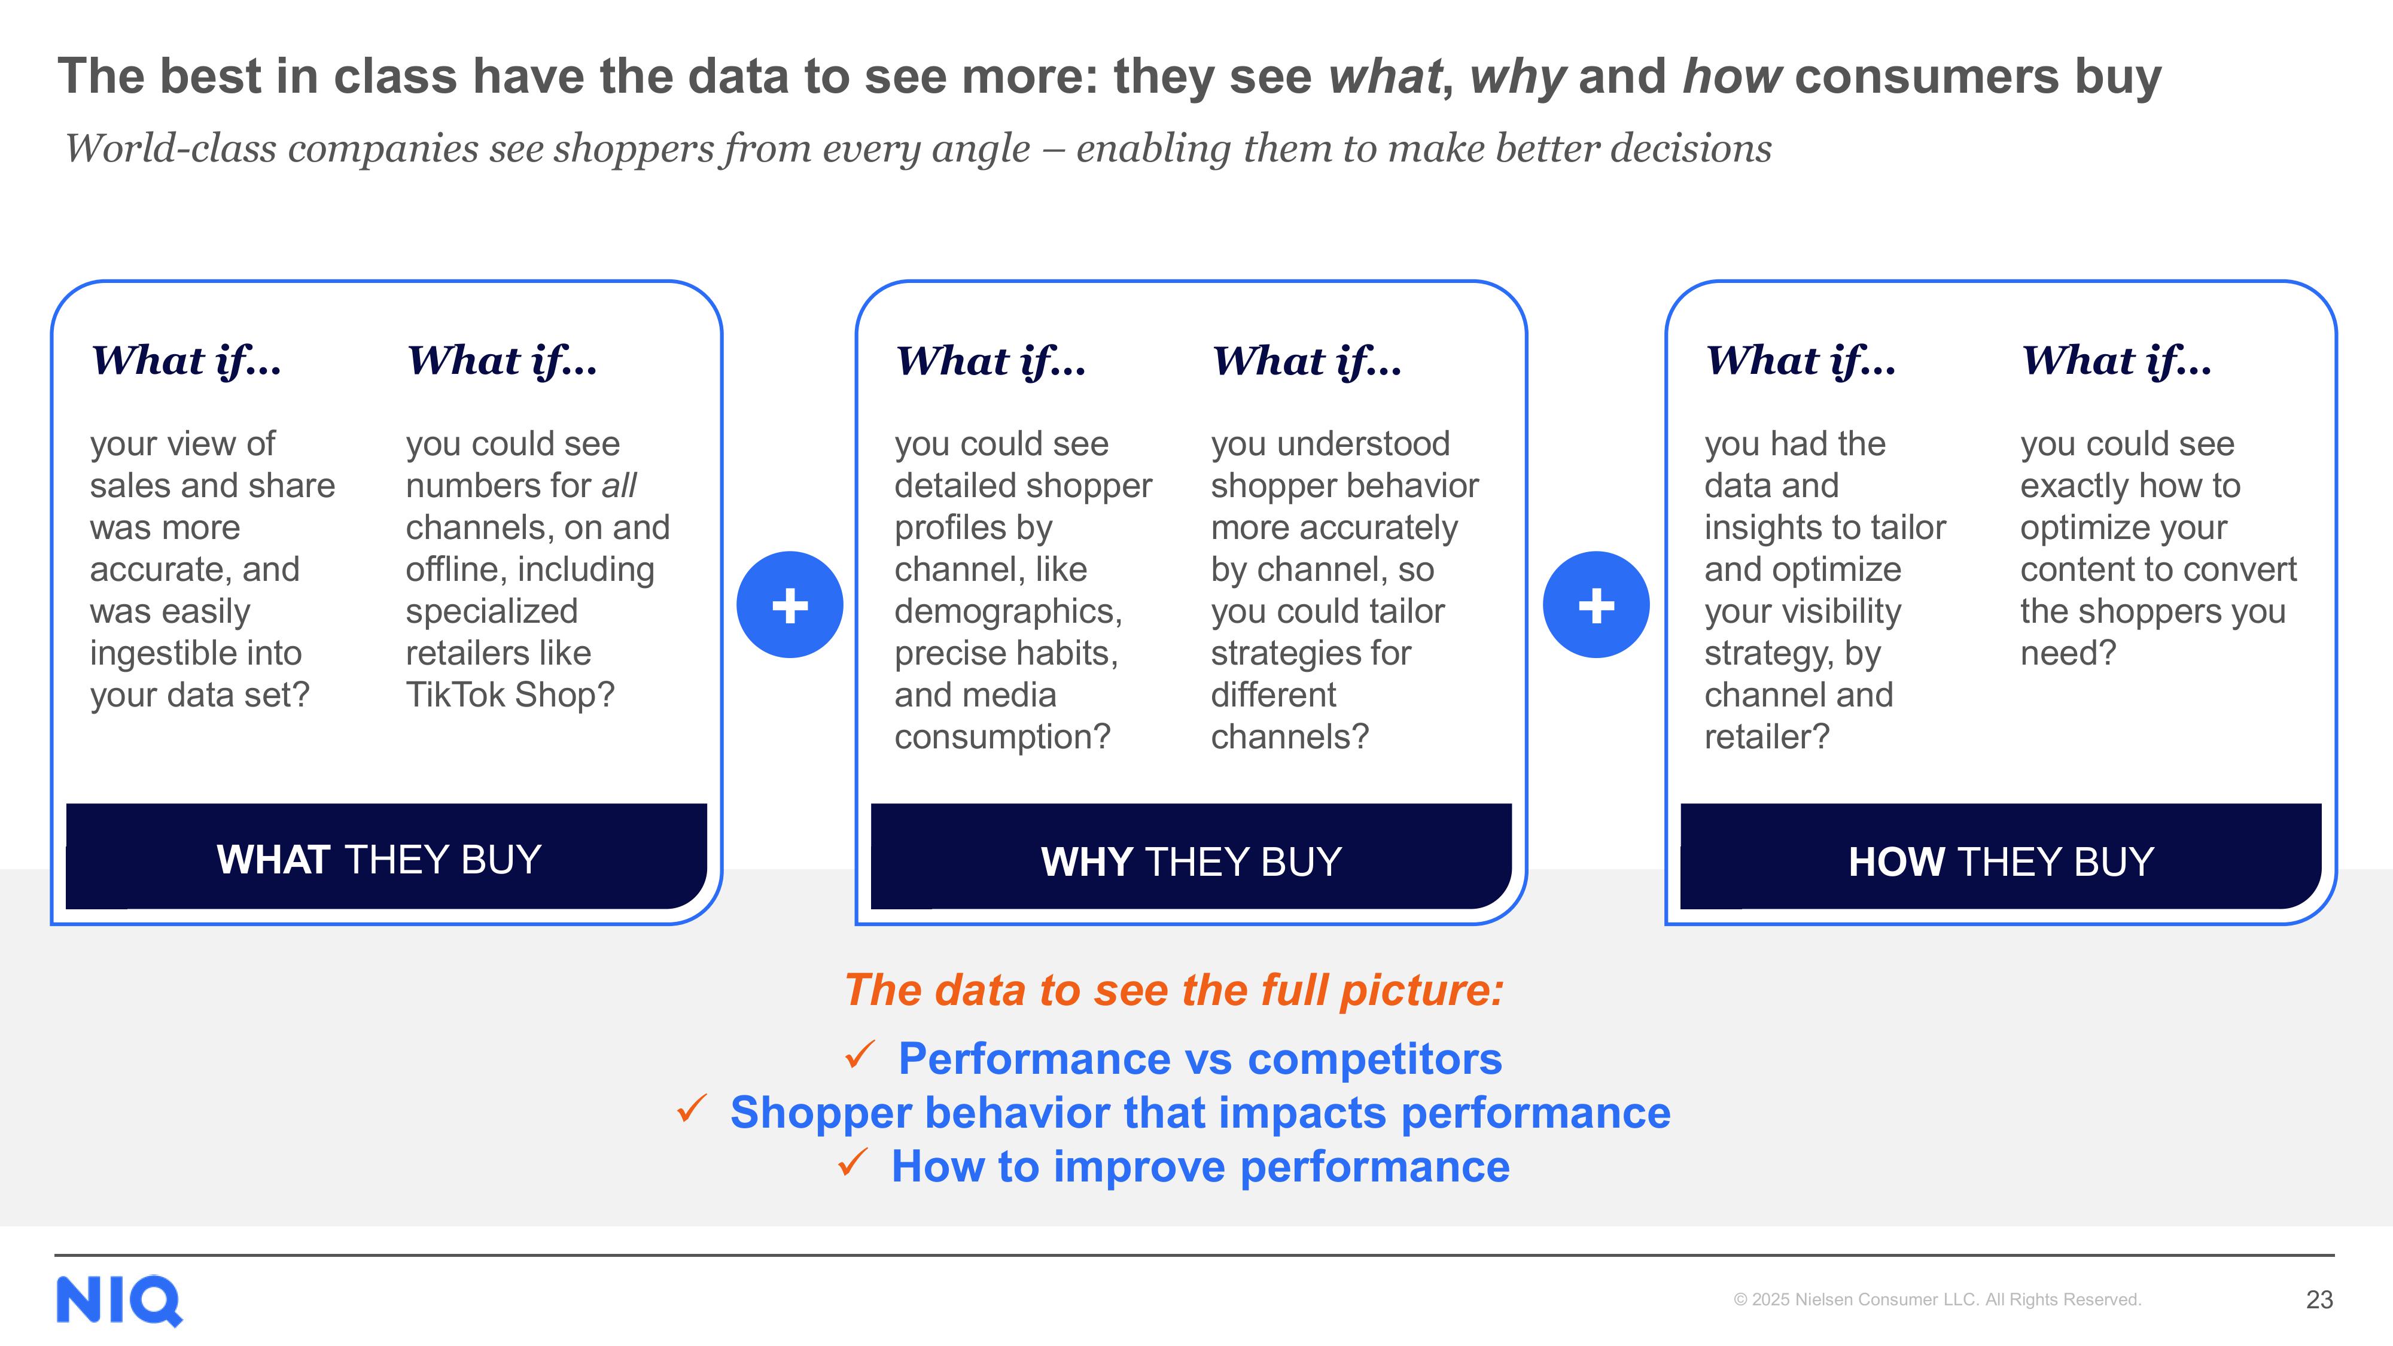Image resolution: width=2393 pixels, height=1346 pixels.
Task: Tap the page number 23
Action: pyautogui.click(x=2319, y=1299)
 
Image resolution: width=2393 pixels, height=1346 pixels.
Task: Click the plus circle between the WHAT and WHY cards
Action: pyautogui.click(x=790, y=605)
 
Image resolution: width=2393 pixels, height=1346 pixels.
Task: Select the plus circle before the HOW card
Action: pyautogui.click(x=1596, y=605)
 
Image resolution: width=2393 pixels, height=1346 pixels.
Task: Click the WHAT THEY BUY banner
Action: pyautogui.click(x=386, y=857)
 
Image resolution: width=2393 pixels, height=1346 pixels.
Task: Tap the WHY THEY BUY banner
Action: pyautogui.click(x=1191, y=857)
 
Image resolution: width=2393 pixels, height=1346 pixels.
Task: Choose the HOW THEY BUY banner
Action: pyautogui.click(x=2001, y=857)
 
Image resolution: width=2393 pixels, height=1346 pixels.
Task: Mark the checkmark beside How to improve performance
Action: pyautogui.click(x=853, y=1162)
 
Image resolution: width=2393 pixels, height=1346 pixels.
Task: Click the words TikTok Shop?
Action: pyautogui.click(x=510, y=695)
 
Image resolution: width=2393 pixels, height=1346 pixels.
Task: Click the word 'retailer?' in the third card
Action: pyautogui.click(x=1767, y=736)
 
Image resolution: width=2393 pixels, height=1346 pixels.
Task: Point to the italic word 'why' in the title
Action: pyautogui.click(x=1518, y=76)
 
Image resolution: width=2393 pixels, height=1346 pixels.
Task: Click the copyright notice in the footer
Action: pyautogui.click(x=1937, y=1299)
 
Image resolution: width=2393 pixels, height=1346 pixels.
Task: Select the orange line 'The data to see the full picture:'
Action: pyautogui.click(x=1174, y=990)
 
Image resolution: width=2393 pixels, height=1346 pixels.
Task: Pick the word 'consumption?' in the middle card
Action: pyautogui.click(x=1002, y=736)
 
